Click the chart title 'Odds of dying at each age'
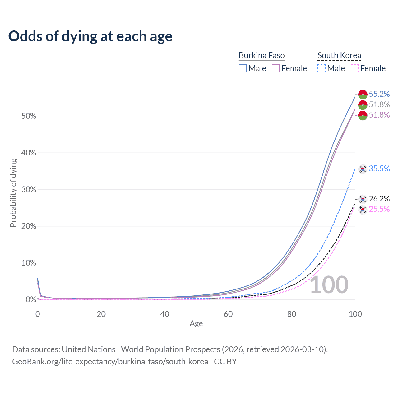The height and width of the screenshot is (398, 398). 90,36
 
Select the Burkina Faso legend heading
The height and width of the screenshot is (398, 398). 261,55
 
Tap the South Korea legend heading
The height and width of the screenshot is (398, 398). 339,55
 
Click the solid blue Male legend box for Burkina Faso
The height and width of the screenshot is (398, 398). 243,68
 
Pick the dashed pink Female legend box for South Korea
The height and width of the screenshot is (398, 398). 355,68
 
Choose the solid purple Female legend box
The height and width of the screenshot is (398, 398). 276,68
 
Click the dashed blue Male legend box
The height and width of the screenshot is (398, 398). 322,68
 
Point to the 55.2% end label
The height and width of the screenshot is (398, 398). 379,94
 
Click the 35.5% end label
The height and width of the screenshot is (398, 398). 379,169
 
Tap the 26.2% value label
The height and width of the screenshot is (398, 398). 379,199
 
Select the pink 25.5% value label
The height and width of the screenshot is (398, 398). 379,209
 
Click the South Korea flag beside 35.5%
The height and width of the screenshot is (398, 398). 363,169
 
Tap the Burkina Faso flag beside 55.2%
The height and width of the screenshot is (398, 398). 363,94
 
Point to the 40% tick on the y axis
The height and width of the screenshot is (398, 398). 29,153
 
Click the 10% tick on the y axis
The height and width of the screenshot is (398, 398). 29,263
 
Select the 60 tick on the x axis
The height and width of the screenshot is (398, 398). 228,314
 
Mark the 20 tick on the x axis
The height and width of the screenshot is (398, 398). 101,314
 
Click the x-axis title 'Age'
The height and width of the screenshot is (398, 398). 196,324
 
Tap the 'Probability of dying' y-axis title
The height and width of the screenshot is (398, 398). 13,193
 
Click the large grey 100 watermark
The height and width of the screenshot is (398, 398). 329,285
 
